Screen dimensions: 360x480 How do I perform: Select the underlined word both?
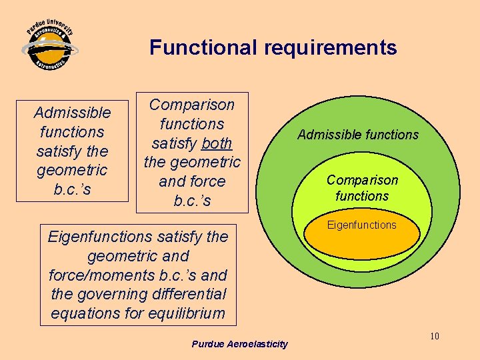[217, 143]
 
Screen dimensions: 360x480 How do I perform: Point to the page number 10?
[434, 336]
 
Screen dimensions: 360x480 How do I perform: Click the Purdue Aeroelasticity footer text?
[239, 344]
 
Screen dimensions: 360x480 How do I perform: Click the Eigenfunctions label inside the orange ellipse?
[362, 225]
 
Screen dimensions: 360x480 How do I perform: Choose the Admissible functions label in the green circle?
[358, 135]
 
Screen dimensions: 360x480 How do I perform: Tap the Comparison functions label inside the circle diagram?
[362, 188]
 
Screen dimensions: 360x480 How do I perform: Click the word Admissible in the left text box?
[72, 113]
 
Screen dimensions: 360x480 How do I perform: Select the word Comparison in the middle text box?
[192, 105]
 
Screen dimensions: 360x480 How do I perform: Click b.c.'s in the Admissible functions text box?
[72, 189]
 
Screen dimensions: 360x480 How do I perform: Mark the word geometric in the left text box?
[72, 170]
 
